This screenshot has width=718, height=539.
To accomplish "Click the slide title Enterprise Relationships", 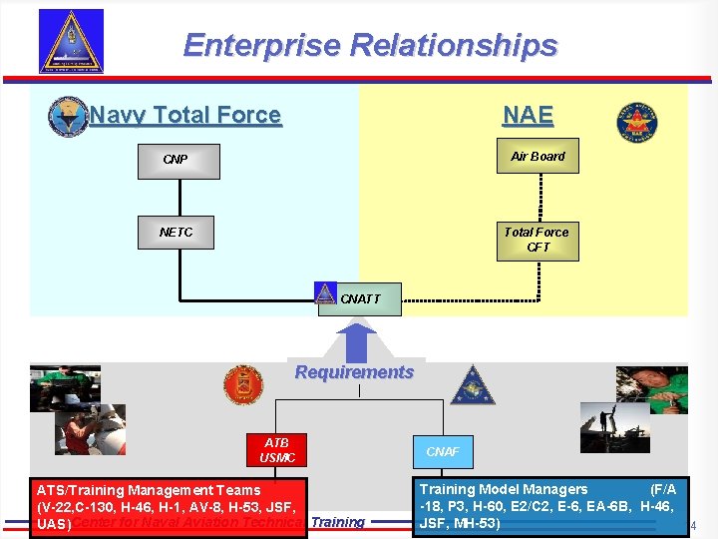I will tap(370, 46).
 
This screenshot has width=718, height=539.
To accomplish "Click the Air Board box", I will tap(538, 157).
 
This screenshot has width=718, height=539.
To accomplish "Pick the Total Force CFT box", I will tap(537, 240).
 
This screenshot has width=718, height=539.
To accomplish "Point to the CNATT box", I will tap(360, 298).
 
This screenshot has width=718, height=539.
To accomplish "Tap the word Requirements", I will tap(354, 372).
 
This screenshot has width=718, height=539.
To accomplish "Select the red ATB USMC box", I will tap(276, 450).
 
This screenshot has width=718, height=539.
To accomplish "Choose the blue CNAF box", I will tap(443, 452).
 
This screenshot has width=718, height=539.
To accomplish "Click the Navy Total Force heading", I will tap(185, 116).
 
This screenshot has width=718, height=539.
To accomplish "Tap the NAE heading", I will tap(528, 116).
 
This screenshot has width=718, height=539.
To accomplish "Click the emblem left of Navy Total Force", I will tap(68, 117).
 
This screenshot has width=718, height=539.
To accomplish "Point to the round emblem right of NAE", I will tap(637, 123).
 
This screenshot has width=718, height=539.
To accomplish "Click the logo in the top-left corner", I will tap(71, 41).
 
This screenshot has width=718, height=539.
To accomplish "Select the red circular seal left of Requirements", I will tap(242, 384).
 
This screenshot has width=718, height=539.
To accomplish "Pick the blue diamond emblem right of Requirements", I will tap(472, 384).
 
